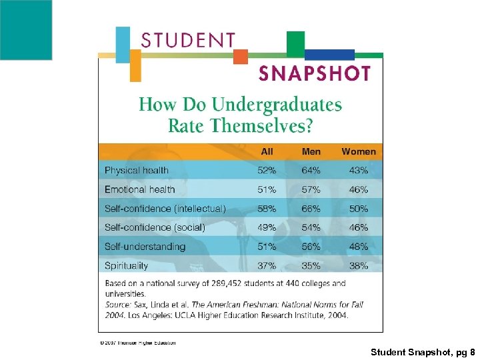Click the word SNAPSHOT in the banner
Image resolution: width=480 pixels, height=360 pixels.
pos(314,73)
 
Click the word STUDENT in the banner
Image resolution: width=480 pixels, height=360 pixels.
pos(188,40)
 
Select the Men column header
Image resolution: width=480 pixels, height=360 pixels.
pos(311,152)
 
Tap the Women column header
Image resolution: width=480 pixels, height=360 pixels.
pos(359,152)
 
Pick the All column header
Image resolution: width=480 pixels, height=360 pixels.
pos(267,152)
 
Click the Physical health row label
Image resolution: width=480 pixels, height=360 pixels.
pos(137,171)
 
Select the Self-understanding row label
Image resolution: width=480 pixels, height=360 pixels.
pos(145,247)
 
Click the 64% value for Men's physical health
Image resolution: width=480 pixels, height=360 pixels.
pos(311,171)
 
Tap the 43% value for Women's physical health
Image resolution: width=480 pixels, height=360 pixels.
pos(359,171)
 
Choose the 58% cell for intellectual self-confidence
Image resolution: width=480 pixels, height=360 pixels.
pos(267,209)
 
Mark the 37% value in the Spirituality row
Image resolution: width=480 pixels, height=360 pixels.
pos(267,265)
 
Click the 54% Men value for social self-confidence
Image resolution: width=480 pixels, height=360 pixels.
pos(311,227)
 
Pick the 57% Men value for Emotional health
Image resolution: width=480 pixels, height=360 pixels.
pos(311,189)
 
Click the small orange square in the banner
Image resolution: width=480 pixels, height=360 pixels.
pos(241,57)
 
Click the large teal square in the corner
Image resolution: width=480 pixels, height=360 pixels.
pos(25,30)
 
